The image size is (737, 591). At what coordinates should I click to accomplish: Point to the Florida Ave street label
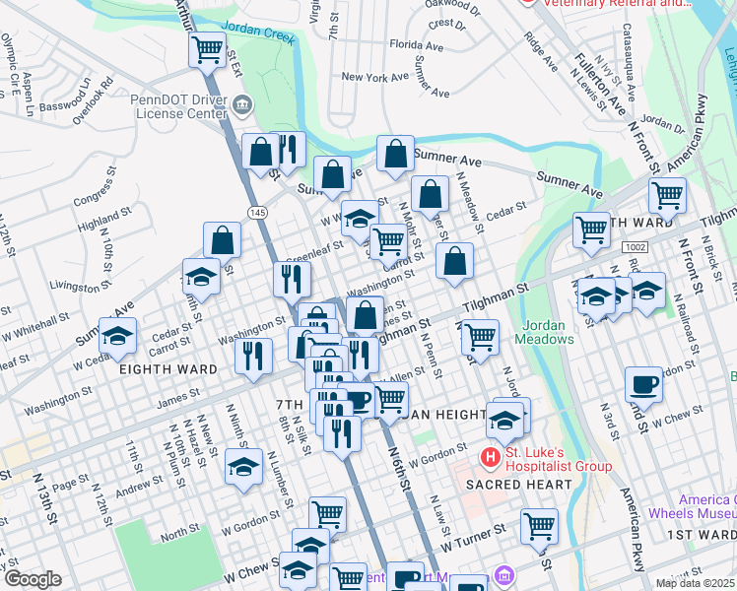tap(417, 44)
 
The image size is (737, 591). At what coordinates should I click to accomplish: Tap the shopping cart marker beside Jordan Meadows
tap(480, 336)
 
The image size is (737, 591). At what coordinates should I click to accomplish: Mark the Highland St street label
tap(106, 222)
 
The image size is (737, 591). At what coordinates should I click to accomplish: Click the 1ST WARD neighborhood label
tap(701, 535)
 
